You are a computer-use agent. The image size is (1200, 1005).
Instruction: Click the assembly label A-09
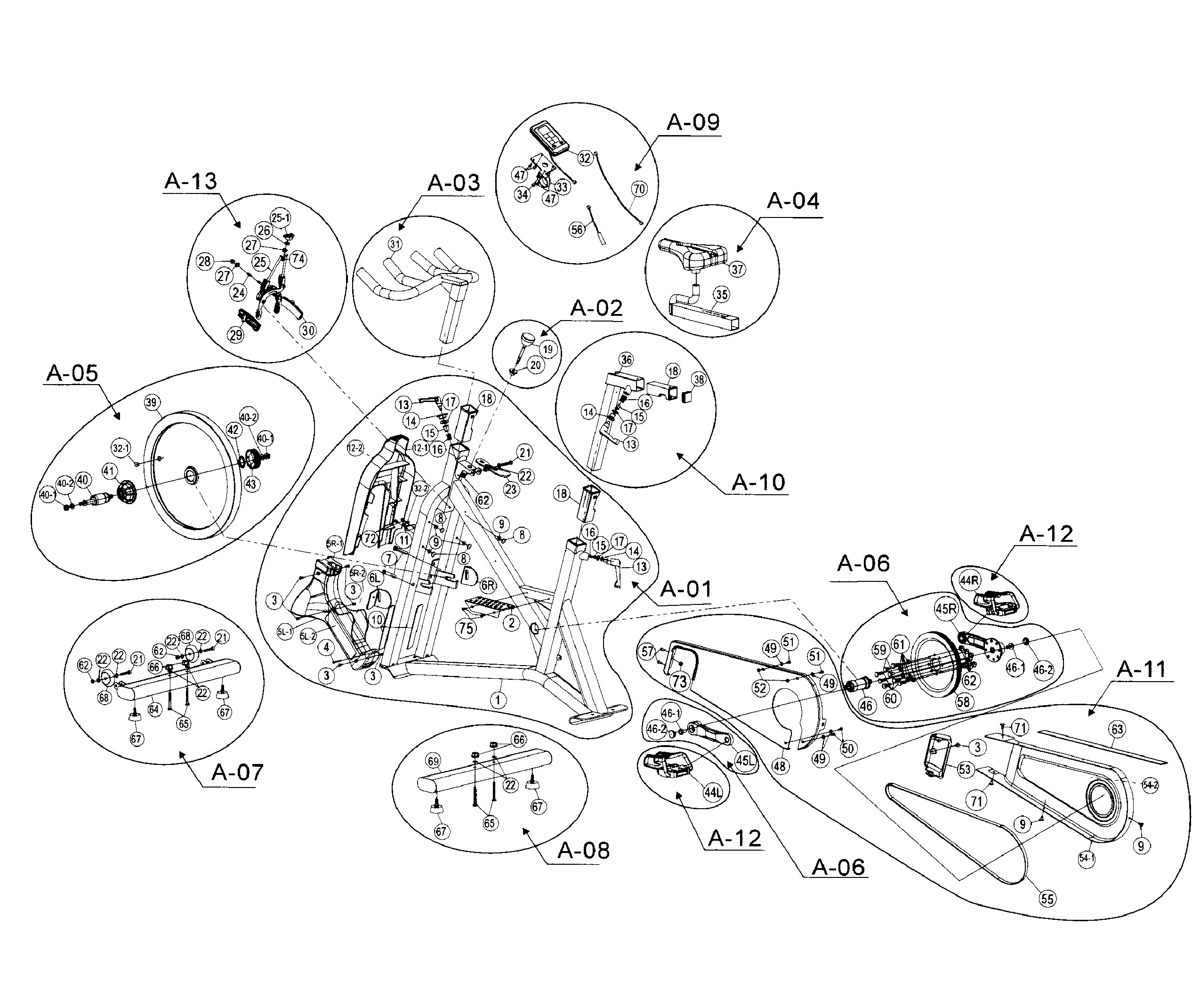click(693, 122)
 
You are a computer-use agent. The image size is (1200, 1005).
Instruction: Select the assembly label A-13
click(191, 181)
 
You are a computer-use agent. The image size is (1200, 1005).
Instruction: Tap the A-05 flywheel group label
click(72, 373)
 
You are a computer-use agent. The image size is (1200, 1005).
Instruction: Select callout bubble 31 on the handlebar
click(395, 244)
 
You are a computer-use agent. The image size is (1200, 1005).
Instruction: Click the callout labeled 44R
click(969, 580)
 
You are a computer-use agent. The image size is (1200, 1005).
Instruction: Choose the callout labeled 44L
click(713, 792)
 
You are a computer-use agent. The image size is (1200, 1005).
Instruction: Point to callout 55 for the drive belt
click(1046, 899)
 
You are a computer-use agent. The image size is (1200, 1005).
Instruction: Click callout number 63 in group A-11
click(1117, 729)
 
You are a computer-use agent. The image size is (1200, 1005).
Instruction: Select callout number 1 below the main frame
click(498, 700)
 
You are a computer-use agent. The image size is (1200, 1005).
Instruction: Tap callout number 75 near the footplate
click(466, 628)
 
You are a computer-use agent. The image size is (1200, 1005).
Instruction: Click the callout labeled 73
click(679, 681)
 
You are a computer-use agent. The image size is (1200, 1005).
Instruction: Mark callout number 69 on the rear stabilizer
click(433, 761)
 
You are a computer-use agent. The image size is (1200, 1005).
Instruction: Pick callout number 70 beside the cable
click(639, 189)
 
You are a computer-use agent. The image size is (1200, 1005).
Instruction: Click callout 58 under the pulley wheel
click(963, 701)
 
